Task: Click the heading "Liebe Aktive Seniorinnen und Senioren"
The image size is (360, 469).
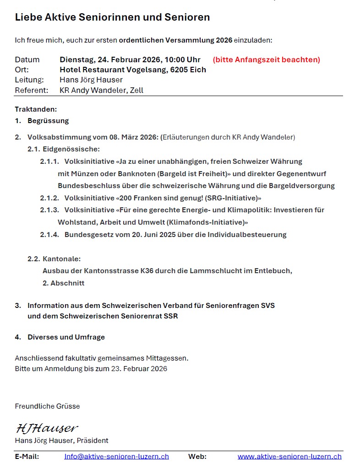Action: click(x=112, y=17)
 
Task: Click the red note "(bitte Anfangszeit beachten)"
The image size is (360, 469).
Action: click(x=266, y=59)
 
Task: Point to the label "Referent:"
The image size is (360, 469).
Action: click(x=31, y=90)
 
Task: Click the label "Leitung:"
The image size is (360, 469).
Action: click(x=29, y=80)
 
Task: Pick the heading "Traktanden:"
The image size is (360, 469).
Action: click(x=36, y=109)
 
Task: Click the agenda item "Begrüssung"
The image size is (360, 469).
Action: click(x=48, y=121)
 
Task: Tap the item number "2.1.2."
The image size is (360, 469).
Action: click(x=49, y=198)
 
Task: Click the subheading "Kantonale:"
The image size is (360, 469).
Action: click(x=61, y=259)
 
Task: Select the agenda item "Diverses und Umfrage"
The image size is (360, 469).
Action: click(x=66, y=337)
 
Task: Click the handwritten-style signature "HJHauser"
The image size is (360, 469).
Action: click(x=47, y=428)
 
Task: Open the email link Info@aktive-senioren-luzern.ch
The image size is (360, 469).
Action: click(x=116, y=456)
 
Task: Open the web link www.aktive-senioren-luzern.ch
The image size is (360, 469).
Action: click(x=289, y=456)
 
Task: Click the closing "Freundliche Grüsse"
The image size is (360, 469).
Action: click(x=47, y=406)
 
